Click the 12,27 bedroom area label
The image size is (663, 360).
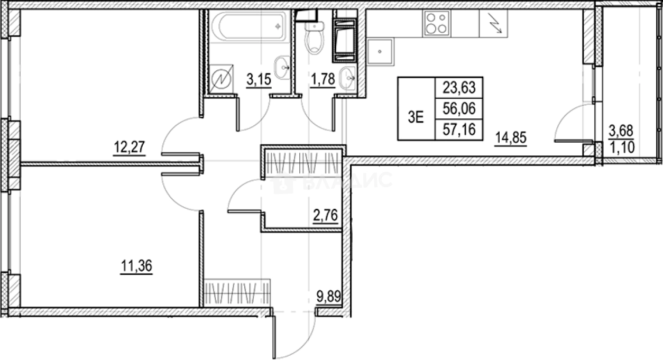click(130, 147)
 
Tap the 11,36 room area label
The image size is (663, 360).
click(136, 265)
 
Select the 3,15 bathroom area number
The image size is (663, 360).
click(259, 79)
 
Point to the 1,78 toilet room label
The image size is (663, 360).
click(323, 79)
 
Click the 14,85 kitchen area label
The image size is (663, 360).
click(511, 137)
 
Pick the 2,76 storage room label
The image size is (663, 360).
click(325, 215)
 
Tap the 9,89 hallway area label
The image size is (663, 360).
click(328, 296)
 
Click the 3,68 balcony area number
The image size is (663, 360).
click(621, 131)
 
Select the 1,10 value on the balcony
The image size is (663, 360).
click(622, 147)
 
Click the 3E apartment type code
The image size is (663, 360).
click(416, 117)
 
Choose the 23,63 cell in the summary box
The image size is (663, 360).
click(459, 88)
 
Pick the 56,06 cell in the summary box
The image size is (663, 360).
click(459, 109)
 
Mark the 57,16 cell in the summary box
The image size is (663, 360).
click(459, 130)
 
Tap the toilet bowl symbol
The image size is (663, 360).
click(315, 39)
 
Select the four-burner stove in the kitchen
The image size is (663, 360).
click(437, 23)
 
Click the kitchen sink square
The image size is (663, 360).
click(380, 51)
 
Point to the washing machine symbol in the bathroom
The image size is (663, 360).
click(222, 78)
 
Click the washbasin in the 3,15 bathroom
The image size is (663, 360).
click(282, 68)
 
